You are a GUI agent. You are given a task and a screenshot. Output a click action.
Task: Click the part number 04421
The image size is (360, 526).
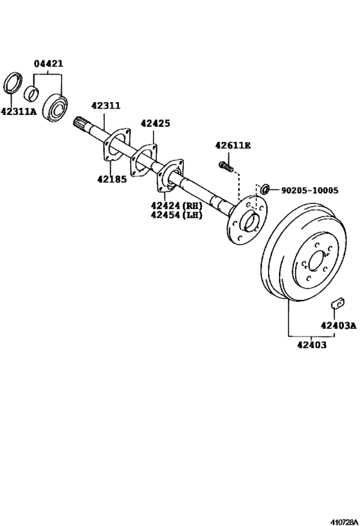(48, 63)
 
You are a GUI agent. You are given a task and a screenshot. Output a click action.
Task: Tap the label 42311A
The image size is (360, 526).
(19, 111)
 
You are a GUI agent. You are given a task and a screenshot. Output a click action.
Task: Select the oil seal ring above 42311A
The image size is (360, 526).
(13, 82)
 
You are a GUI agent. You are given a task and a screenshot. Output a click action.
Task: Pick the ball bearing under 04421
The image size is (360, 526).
(55, 107)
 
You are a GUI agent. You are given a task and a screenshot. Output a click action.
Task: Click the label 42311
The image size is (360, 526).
(106, 105)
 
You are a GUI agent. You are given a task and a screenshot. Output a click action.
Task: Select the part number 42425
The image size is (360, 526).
(155, 123)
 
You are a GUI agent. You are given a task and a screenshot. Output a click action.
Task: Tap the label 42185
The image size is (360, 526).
(112, 179)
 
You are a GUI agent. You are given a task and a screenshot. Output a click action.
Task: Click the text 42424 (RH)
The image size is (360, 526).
(177, 206)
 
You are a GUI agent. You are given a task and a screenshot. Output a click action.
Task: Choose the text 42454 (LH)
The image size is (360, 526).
(177, 215)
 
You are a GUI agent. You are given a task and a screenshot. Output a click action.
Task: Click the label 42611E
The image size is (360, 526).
(233, 145)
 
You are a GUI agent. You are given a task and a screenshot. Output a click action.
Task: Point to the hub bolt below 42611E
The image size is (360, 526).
(226, 166)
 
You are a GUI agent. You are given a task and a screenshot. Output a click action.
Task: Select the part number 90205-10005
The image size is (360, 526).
(310, 191)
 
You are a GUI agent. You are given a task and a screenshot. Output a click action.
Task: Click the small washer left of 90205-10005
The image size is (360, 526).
(265, 189)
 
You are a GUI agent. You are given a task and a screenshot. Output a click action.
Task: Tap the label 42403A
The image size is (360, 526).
(339, 325)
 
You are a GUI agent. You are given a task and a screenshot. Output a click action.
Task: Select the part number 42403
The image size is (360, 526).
(312, 344)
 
